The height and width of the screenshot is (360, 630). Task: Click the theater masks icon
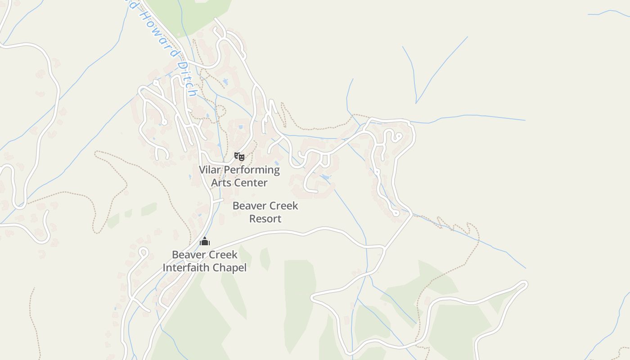point(239,157)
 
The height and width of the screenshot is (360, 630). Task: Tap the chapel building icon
point(205,242)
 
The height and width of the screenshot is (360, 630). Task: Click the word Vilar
point(210,170)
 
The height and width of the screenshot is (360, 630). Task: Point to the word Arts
point(221,183)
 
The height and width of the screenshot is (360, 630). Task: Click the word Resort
point(265,219)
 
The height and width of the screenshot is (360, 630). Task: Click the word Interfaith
point(188,268)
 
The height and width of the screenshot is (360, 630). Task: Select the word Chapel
point(230,268)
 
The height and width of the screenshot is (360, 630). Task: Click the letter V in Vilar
point(202,170)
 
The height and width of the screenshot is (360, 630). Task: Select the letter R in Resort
point(252,219)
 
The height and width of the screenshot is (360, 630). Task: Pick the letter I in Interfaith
point(164,268)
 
